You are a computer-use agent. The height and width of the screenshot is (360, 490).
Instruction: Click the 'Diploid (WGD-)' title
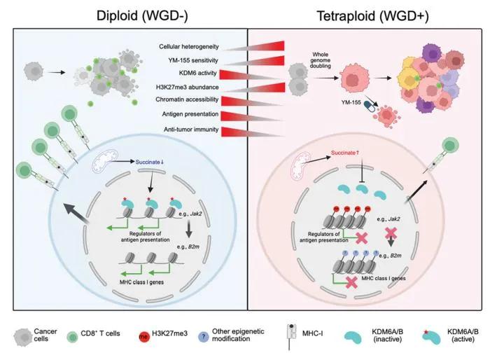[x=142, y=15]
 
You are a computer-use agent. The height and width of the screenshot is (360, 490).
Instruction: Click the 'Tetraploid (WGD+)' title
[x=373, y=16]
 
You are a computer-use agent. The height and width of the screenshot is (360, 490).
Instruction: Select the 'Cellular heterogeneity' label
[x=189, y=47]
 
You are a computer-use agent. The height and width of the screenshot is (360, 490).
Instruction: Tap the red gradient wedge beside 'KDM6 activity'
[x=250, y=75]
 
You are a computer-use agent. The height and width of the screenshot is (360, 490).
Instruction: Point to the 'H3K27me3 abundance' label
[x=187, y=87]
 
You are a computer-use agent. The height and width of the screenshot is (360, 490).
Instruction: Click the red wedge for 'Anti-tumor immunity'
[x=253, y=132]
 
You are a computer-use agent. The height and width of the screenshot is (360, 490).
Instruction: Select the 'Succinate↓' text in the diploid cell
[x=149, y=162]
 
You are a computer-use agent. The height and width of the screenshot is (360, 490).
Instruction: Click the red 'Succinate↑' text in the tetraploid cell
[x=345, y=153]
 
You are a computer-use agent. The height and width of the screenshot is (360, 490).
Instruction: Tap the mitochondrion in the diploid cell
[x=105, y=161]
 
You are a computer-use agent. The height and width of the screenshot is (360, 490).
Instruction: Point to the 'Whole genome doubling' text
[x=321, y=60]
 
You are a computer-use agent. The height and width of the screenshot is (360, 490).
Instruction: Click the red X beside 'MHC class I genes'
[x=352, y=282]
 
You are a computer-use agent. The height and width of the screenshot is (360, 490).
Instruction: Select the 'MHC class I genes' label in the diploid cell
[x=141, y=282]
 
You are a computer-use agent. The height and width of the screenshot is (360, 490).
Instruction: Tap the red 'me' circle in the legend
[x=144, y=337]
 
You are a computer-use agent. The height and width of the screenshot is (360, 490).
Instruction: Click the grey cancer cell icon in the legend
[x=23, y=337]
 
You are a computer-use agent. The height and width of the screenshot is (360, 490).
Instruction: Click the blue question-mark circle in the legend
[x=204, y=337]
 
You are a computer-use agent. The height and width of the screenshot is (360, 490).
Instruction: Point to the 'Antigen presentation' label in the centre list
[x=190, y=114]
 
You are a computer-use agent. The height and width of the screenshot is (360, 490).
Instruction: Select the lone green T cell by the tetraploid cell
[x=449, y=146]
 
